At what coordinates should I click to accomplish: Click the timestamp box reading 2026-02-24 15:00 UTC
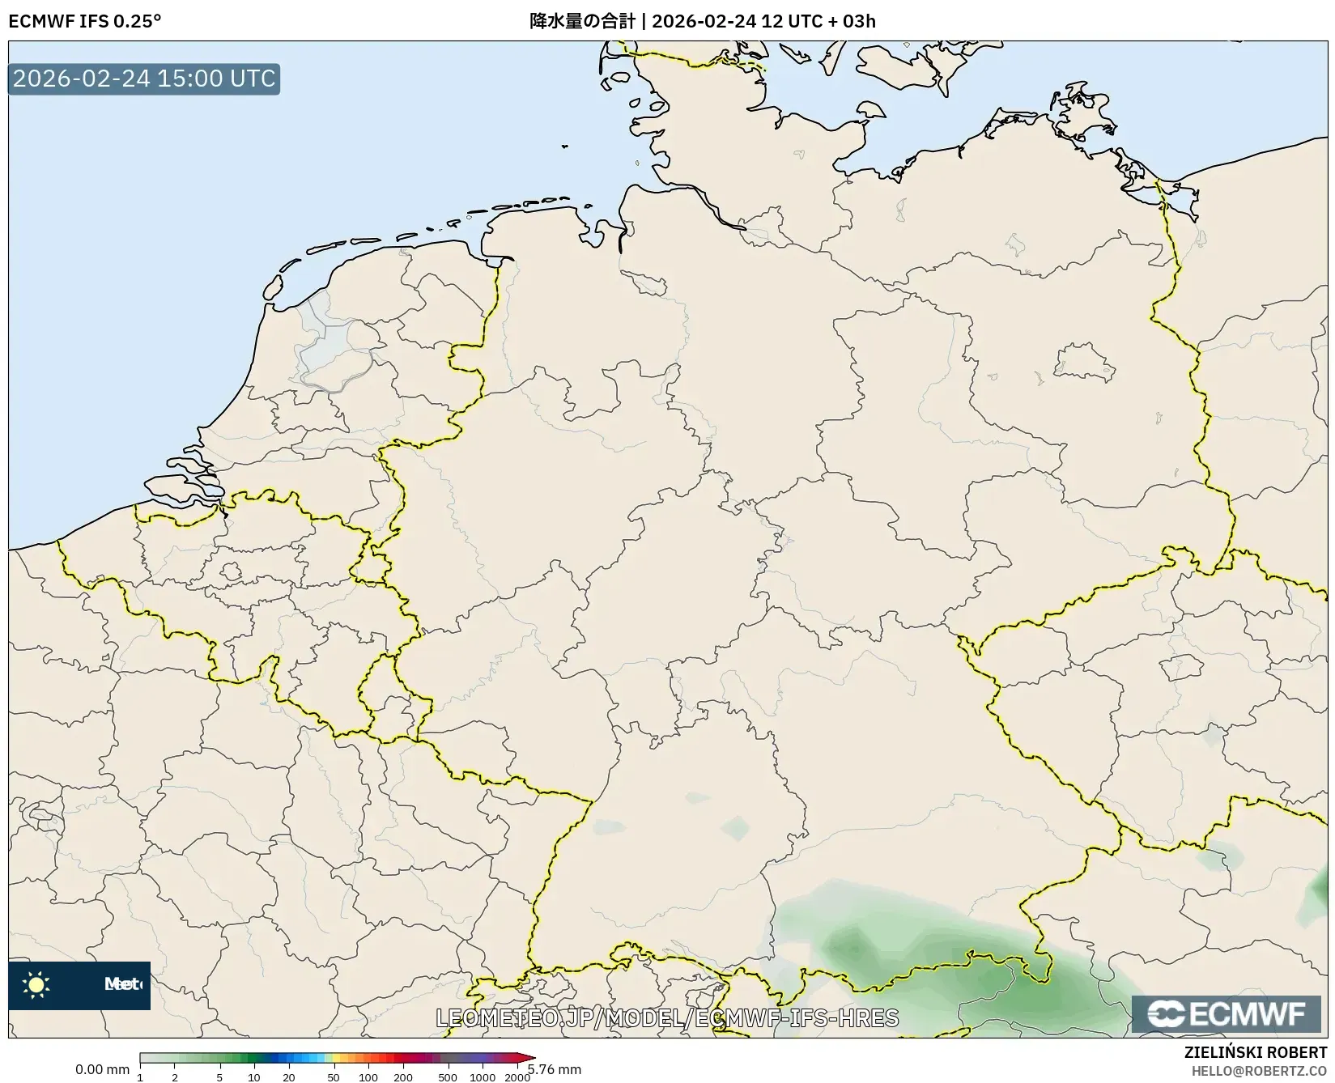(144, 79)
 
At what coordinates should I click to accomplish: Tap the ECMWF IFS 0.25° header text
(85, 21)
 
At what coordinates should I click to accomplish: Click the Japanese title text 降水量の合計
(582, 21)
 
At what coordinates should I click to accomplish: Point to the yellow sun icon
(36, 984)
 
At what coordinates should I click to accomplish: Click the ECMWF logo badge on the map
(1227, 1014)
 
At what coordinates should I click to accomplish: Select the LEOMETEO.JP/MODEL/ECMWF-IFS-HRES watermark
(667, 1017)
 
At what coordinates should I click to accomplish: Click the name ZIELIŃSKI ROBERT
(1256, 1053)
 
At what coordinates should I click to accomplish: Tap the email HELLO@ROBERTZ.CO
(1259, 1071)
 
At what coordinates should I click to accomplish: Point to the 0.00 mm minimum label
(102, 1069)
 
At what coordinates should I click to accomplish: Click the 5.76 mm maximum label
(555, 1069)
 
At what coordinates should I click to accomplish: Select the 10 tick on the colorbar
(254, 1077)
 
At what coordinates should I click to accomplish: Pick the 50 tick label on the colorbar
(334, 1077)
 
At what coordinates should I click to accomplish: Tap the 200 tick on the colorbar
(403, 1077)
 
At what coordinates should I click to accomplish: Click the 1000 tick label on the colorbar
(483, 1077)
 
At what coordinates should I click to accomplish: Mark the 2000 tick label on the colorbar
(517, 1077)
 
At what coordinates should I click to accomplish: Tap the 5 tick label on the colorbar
(219, 1077)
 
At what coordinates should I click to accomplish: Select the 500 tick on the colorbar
(448, 1077)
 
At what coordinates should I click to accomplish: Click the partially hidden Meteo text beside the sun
(122, 984)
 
